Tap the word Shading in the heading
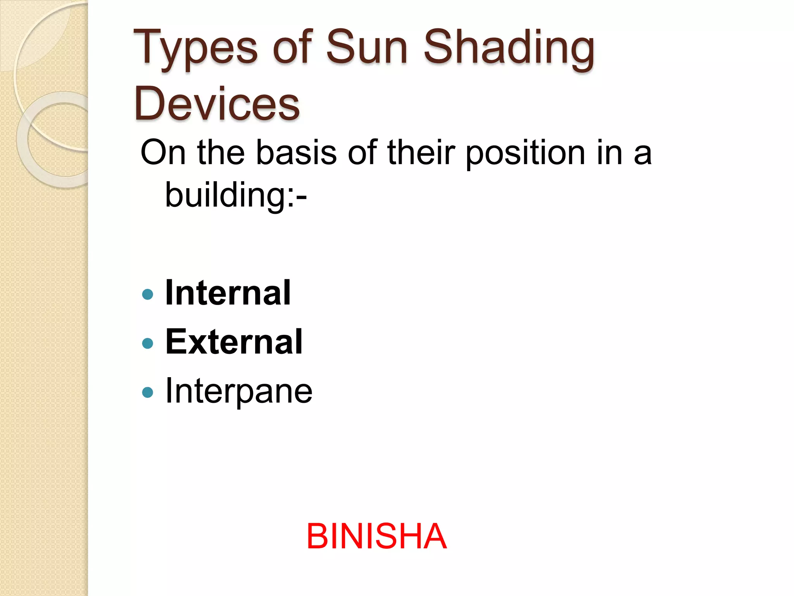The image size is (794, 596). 508,49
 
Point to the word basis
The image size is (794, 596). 296,152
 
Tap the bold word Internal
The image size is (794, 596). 228,293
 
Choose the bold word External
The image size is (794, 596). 234,342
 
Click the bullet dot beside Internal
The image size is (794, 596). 148,294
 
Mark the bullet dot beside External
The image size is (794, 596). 148,343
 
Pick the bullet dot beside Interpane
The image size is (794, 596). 148,392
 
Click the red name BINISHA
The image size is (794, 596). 376,536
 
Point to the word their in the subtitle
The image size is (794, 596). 421,152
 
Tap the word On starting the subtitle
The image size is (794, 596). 163,152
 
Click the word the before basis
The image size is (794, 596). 221,152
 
